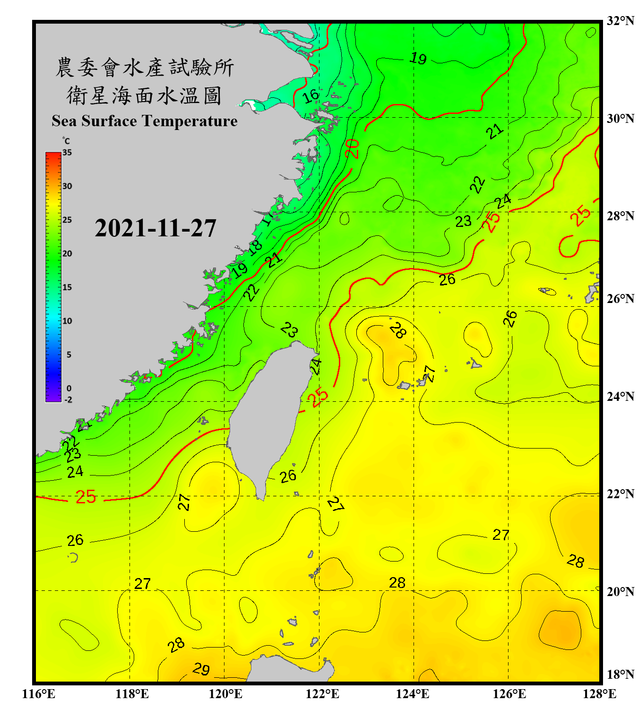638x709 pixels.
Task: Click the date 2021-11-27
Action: pos(155,228)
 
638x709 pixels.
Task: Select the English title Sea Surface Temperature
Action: pos(145,121)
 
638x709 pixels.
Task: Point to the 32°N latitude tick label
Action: pos(620,21)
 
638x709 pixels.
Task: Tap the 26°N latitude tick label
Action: pos(620,299)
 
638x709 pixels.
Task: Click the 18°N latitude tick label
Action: pos(620,674)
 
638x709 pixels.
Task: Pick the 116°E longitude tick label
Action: pos(39,694)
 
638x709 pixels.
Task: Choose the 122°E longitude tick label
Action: pos(322,694)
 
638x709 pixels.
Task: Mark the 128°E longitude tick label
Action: pos(599,694)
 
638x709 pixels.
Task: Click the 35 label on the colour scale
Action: pos(67,153)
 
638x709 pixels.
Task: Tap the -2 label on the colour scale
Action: pos(68,400)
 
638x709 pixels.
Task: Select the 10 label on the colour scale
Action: pos(67,321)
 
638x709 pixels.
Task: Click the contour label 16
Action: pos(310,96)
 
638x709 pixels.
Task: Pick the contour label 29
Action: pos(201,669)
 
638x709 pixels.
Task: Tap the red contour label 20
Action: pos(352,148)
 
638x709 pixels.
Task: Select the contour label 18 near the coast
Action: pos(255,247)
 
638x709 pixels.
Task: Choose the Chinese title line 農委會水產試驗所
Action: pos(145,68)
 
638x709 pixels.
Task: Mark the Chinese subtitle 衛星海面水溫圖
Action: pos(145,96)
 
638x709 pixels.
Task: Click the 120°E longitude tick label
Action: pos(225,694)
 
